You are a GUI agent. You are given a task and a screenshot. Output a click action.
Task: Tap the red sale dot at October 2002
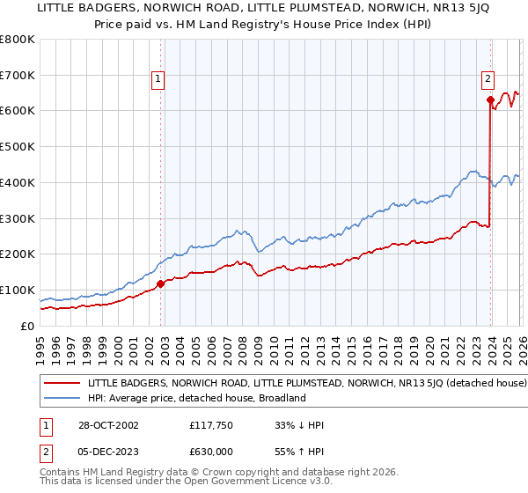(161, 283)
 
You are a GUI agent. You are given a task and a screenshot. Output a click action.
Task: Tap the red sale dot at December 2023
(490, 99)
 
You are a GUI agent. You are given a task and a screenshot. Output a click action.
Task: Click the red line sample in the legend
(62, 384)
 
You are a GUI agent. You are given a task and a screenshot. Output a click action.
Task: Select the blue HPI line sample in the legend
(62, 398)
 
